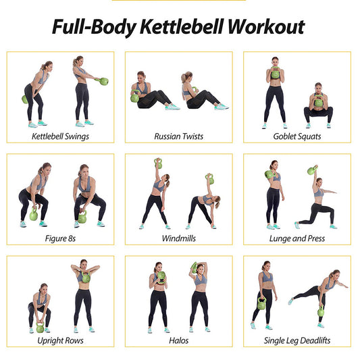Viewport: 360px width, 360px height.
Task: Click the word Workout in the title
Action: (x=265, y=28)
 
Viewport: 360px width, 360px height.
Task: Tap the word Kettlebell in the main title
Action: (x=179, y=28)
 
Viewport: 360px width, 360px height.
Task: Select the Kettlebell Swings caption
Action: (x=60, y=136)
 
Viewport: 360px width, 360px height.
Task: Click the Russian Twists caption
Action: (x=179, y=136)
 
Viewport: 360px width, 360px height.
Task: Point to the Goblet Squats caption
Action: (x=298, y=136)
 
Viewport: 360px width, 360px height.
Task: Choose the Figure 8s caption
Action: (x=60, y=238)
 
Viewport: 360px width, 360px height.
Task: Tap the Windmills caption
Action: (x=179, y=238)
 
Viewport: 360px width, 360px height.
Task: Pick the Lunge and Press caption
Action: (x=298, y=238)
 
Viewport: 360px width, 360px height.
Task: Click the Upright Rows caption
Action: (x=60, y=340)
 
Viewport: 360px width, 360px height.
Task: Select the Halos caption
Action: (x=179, y=340)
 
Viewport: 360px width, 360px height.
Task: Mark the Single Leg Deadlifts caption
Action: (x=298, y=340)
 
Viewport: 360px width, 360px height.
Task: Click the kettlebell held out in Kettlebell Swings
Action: (x=103, y=82)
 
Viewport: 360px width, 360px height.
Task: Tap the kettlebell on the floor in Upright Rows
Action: (x=40, y=328)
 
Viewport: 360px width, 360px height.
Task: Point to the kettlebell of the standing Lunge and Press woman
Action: (x=269, y=175)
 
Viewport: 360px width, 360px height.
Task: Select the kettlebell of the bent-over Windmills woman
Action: (x=210, y=179)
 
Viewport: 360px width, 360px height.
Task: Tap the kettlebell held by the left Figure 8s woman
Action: (x=34, y=215)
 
